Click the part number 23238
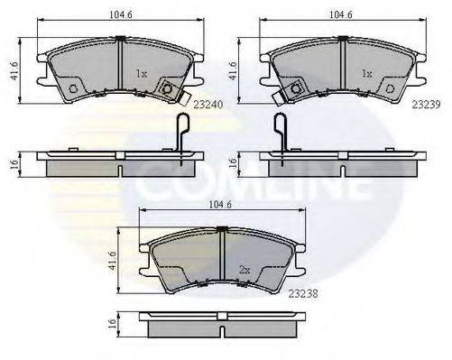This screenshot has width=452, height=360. click(x=305, y=293)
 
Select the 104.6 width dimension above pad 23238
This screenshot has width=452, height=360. click(x=221, y=206)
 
